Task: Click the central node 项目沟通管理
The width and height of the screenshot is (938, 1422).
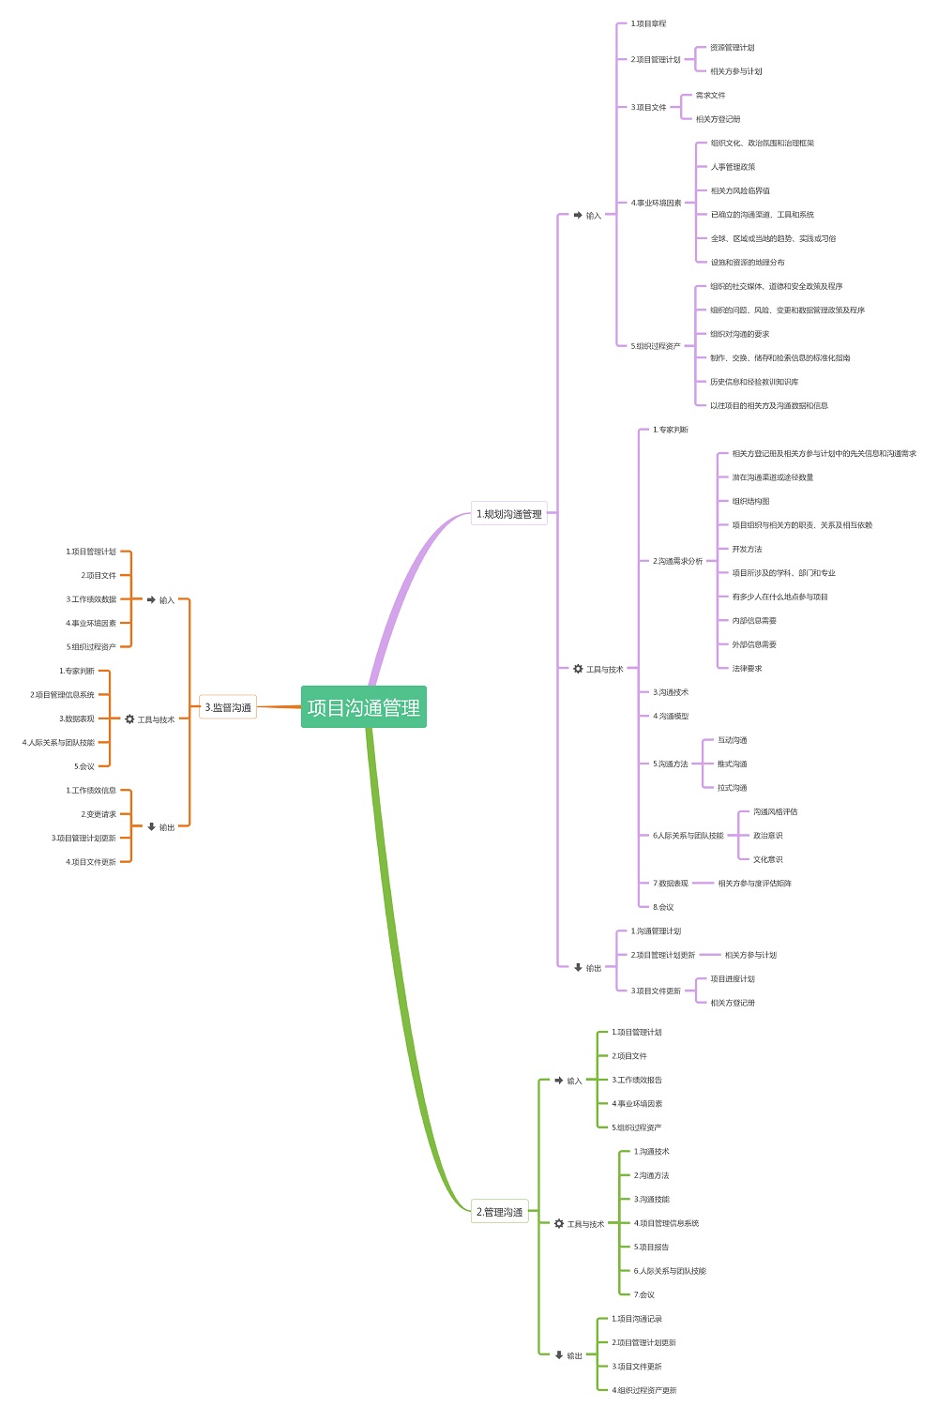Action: pyautogui.click(x=364, y=707)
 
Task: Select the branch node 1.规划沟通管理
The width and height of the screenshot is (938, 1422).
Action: pyautogui.click(x=509, y=514)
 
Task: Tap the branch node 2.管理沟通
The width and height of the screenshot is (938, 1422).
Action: pyautogui.click(x=499, y=1212)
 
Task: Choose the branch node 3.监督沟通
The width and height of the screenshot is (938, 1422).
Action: pyautogui.click(x=228, y=707)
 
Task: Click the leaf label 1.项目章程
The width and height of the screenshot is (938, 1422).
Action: pyautogui.click(x=648, y=23)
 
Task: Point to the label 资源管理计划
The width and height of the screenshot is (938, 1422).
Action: pyautogui.click(x=732, y=48)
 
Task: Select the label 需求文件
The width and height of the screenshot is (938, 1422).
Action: pyautogui.click(x=710, y=96)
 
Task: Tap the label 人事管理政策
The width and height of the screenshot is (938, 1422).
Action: pyautogui.click(x=733, y=167)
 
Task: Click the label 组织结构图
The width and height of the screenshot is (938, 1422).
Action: pyautogui.click(x=750, y=502)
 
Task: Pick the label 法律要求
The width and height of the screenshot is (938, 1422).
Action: pyautogui.click(x=747, y=669)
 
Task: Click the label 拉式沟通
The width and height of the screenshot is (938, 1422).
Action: pyautogui.click(x=732, y=788)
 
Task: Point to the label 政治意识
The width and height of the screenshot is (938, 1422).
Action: pyautogui.click(x=767, y=836)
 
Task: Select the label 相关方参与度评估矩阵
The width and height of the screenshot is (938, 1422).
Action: pyautogui.click(x=754, y=884)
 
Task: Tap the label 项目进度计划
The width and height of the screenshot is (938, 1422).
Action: pyautogui.click(x=732, y=979)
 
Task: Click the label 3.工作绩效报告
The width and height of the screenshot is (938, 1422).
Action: pyautogui.click(x=637, y=1081)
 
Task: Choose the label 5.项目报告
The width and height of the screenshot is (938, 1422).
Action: pyautogui.click(x=651, y=1248)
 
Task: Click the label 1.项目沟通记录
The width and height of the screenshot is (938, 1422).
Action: pyautogui.click(x=637, y=1319)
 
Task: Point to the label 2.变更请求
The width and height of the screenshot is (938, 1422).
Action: pyautogui.click(x=98, y=814)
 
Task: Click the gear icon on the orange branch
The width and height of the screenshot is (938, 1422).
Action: pyautogui.click(x=129, y=719)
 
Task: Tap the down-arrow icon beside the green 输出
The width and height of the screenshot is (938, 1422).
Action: pyautogui.click(x=559, y=1355)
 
